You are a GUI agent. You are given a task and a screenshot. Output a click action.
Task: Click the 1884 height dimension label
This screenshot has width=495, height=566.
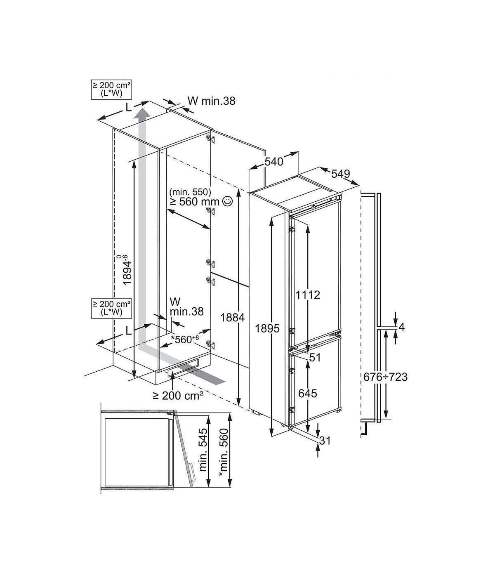coord(232,318)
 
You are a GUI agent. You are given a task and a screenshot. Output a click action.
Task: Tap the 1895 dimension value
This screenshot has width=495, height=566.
coord(267,329)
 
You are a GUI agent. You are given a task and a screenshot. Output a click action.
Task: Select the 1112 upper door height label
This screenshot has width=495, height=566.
coord(308,295)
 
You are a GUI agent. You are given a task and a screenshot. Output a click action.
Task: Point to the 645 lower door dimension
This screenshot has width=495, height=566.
coord(308,394)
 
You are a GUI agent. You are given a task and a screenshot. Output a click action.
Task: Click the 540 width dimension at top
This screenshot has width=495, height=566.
coord(274,162)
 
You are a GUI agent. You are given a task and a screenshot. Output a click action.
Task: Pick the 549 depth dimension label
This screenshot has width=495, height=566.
coord(341,174)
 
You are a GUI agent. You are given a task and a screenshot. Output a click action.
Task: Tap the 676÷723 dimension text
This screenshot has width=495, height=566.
coord(386,377)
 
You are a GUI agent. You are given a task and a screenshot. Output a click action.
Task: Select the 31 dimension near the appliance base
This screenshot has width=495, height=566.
coord(325,448)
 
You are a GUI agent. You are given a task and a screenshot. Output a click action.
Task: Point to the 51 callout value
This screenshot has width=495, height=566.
coord(315,358)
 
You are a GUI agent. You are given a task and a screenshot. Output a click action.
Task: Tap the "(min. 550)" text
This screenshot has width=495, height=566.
coord(190,191)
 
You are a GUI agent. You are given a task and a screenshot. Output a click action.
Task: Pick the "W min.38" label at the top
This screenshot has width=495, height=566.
coord(212,101)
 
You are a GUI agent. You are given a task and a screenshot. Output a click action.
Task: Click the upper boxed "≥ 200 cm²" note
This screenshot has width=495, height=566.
coord(111,90)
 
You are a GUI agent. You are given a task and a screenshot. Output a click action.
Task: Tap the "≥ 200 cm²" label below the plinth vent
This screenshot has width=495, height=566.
coord(178,396)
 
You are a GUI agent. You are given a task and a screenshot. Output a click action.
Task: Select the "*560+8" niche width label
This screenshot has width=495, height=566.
coord(185,339)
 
